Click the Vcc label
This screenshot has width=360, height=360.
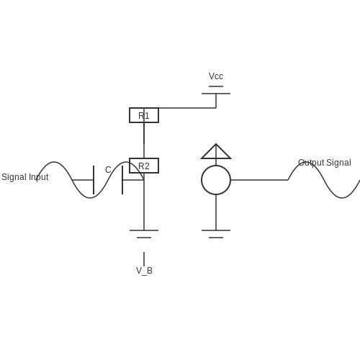click(x=216, y=76)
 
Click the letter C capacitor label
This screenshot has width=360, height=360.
click(x=108, y=170)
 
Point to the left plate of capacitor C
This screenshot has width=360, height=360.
click(x=94, y=180)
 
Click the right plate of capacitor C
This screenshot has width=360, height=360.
click(x=122, y=180)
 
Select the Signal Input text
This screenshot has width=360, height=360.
click(x=25, y=177)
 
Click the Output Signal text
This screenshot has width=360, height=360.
click(x=325, y=163)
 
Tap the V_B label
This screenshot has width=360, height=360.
click(x=144, y=271)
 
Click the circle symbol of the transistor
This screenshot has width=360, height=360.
click(x=202, y=180)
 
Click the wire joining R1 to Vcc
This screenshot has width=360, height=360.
click(x=187, y=108)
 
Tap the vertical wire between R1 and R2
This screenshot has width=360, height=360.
click(x=144, y=140)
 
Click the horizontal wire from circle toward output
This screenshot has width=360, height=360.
click(x=259, y=180)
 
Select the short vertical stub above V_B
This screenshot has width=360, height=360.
click(x=144, y=259)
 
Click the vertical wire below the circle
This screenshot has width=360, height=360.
click(x=216, y=212)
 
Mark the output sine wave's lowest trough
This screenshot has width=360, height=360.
click(x=342, y=198)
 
